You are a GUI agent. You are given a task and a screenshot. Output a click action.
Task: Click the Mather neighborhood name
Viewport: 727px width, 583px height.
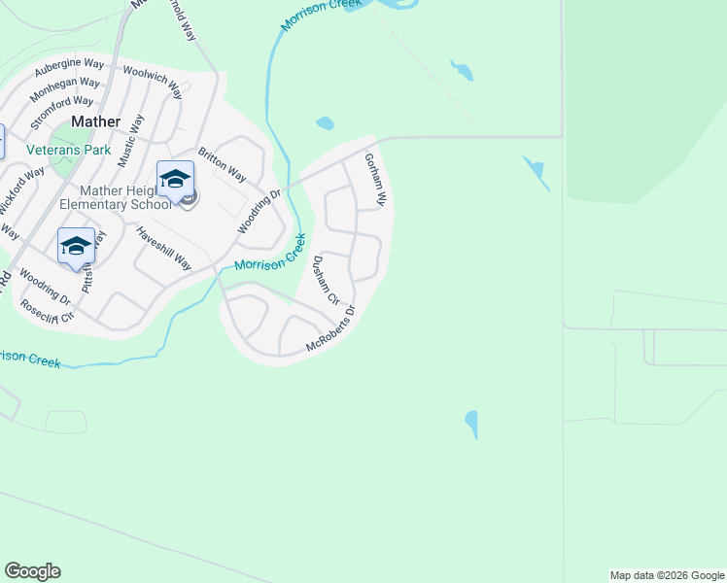click(x=96, y=122)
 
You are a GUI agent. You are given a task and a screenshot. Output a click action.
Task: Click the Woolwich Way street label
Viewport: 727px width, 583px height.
click(x=153, y=82)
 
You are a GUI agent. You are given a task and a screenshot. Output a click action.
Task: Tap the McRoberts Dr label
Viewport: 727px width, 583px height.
click(x=331, y=330)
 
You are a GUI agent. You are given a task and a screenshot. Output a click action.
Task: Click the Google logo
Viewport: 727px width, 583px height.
click(x=32, y=571)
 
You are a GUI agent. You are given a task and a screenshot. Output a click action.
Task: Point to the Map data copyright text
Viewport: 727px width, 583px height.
click(x=667, y=575)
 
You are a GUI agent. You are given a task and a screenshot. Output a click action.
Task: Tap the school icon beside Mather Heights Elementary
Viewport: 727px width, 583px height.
click(x=176, y=180)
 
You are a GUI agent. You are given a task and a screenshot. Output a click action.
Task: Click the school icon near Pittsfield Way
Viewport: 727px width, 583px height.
click(x=76, y=246)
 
